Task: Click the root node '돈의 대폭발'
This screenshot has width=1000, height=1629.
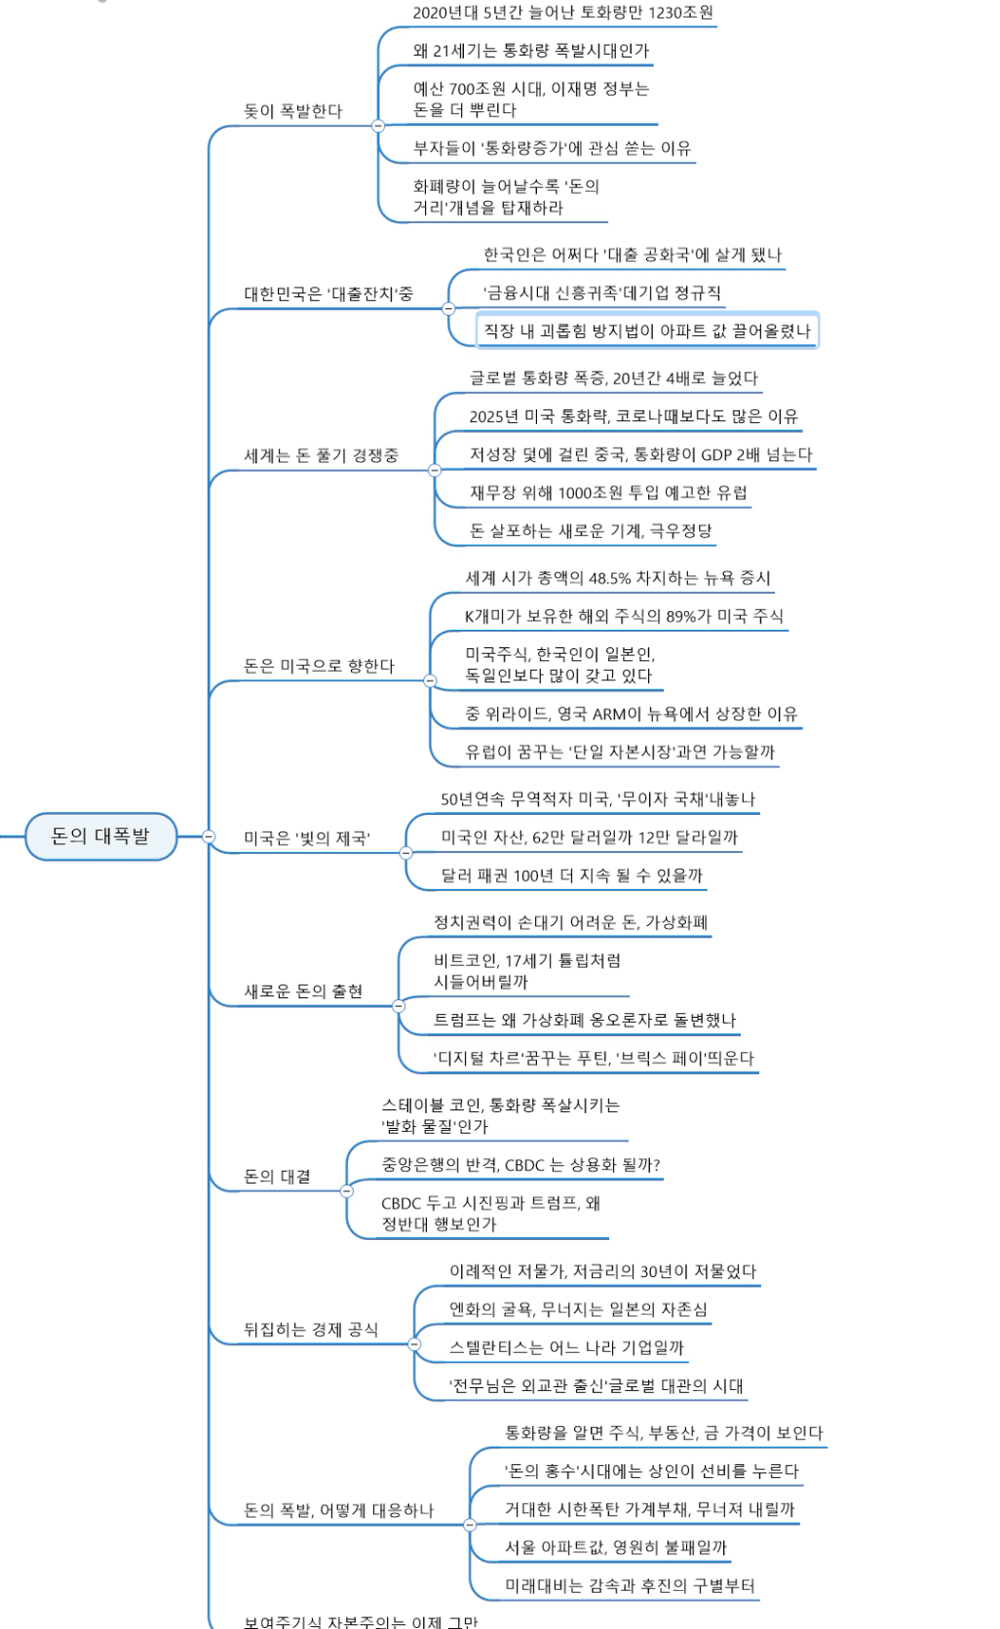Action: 100,836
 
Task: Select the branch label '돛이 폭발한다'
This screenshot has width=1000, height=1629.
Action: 292,111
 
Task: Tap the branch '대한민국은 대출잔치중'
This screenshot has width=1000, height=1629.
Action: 327,294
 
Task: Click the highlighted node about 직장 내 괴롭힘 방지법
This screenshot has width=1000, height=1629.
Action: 647,331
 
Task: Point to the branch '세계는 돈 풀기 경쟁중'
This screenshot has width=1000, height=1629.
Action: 321,455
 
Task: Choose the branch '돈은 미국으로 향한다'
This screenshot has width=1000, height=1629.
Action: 319,666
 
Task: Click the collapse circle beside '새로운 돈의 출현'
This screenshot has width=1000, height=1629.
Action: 398,1006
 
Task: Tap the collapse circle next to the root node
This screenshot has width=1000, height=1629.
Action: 209,836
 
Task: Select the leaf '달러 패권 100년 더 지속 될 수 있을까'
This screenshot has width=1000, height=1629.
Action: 571,875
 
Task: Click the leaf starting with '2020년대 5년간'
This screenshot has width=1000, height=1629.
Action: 562,13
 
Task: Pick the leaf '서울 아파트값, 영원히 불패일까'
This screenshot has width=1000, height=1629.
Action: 615,1547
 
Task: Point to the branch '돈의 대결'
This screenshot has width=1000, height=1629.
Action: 277,1177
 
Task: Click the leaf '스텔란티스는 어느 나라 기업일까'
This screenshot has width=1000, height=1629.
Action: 566,1347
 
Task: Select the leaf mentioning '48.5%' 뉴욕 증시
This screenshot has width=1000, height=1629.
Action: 617,578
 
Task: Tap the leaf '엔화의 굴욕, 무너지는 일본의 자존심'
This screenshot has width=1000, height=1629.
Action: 578,1309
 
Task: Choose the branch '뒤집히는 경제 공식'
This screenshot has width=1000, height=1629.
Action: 310,1330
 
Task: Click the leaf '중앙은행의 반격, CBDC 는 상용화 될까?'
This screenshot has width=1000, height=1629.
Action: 520,1165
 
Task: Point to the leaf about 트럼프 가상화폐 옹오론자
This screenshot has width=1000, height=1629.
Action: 585,1020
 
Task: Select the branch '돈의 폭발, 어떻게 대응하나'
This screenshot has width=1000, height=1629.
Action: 337,1510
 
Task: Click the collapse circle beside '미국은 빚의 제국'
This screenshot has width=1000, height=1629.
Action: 406,852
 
